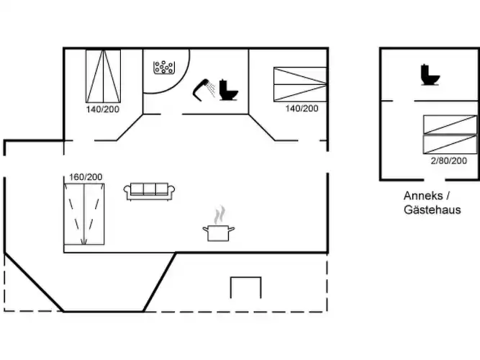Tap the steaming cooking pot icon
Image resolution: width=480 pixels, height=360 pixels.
219,232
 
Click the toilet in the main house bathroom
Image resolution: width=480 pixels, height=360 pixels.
229,89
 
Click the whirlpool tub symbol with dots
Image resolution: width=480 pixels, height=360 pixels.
164,68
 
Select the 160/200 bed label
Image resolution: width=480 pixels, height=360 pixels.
86,176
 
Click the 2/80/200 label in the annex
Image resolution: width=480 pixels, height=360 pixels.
449,161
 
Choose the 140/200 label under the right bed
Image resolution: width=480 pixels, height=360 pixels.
302,109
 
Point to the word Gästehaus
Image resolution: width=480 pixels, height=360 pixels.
432,210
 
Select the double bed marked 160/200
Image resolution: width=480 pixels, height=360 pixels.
84,213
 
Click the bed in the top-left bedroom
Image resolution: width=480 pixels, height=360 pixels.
103,76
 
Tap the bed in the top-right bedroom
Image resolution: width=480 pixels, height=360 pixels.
299,84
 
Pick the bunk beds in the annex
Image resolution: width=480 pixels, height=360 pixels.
450,134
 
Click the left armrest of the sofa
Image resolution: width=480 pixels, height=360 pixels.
127,192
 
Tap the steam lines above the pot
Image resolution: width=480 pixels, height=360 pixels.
219,215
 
